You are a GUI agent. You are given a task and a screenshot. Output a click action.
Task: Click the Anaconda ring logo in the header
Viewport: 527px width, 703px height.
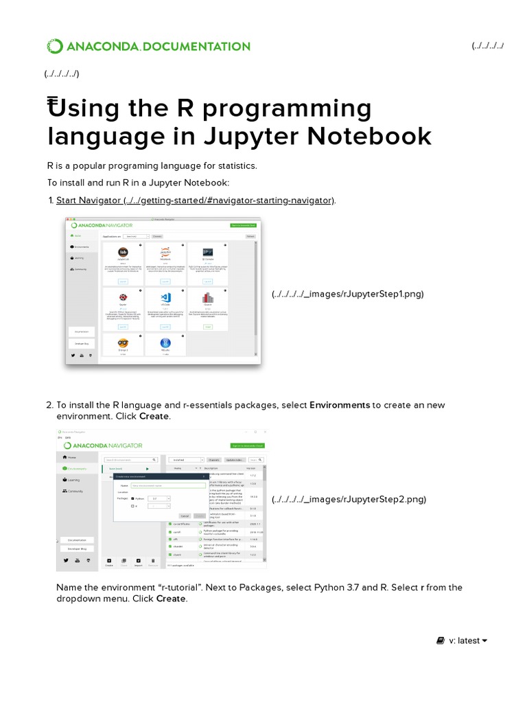54,47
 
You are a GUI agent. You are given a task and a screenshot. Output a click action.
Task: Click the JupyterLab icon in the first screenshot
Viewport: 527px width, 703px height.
123,253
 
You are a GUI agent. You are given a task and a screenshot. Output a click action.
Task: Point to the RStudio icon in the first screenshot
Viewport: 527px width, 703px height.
165,343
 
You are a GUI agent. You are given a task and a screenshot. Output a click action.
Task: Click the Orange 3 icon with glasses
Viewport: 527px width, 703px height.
123,343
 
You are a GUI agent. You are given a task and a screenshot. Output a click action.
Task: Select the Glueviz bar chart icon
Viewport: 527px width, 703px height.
207,298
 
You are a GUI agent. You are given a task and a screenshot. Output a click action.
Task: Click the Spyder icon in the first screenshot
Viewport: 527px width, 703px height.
123,298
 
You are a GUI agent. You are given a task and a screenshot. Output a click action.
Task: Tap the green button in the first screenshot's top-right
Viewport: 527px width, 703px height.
244,225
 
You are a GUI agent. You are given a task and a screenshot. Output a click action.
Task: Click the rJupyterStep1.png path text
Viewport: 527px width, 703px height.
347,294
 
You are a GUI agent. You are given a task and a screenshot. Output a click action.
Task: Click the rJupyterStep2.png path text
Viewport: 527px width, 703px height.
348,499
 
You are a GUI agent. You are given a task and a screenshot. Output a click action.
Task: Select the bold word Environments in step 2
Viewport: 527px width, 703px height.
340,405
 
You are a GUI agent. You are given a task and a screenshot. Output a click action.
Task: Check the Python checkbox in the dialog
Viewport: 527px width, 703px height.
132,498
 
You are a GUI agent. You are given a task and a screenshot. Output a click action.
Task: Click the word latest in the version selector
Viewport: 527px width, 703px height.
468,641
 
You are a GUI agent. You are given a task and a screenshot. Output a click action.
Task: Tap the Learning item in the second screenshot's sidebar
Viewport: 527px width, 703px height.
73,480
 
